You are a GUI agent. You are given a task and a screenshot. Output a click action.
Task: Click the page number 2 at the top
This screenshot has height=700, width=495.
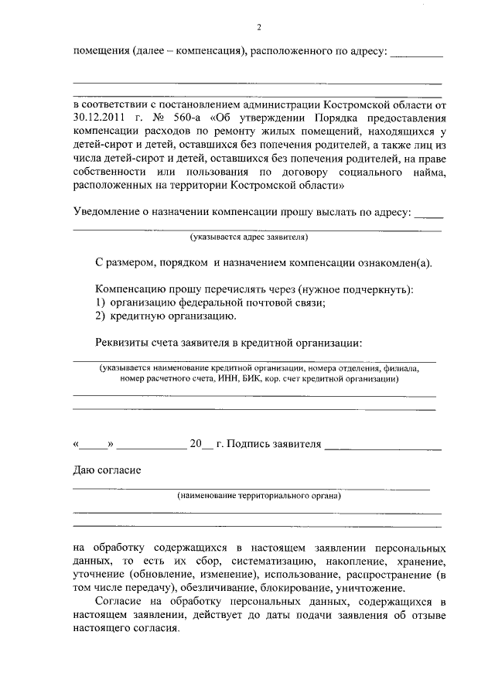(x=258, y=28)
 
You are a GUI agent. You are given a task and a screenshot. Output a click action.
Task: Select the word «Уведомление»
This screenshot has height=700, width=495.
(x=113, y=213)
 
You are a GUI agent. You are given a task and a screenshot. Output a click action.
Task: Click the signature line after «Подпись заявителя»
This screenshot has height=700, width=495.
(x=382, y=446)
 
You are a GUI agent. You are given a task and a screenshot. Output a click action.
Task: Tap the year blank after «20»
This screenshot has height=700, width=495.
(x=207, y=446)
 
